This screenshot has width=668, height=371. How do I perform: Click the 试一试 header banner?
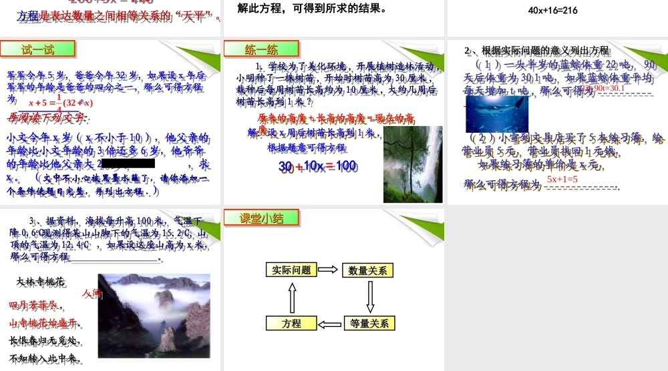(x=37, y=49)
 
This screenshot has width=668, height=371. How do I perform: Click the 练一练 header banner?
(x=261, y=49)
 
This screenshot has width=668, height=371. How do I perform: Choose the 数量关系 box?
(x=368, y=270)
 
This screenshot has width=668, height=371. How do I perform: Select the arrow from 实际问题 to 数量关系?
(x=329, y=270)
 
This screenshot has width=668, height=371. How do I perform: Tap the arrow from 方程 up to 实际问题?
(x=291, y=297)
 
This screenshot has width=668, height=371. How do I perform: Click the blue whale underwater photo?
(x=496, y=113)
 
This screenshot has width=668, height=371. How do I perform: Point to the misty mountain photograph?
(x=154, y=313)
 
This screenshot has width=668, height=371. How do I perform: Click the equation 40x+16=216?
(x=552, y=11)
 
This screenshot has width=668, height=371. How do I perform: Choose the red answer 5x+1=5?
(x=562, y=179)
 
